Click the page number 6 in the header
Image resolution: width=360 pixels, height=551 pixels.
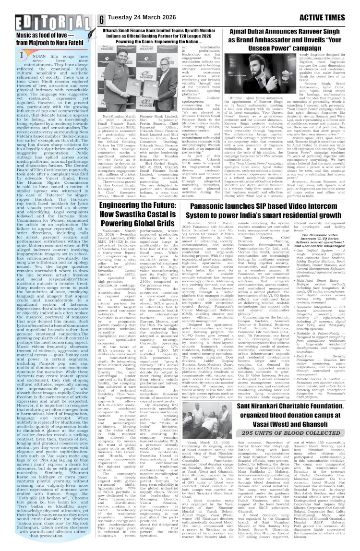[102, 19]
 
